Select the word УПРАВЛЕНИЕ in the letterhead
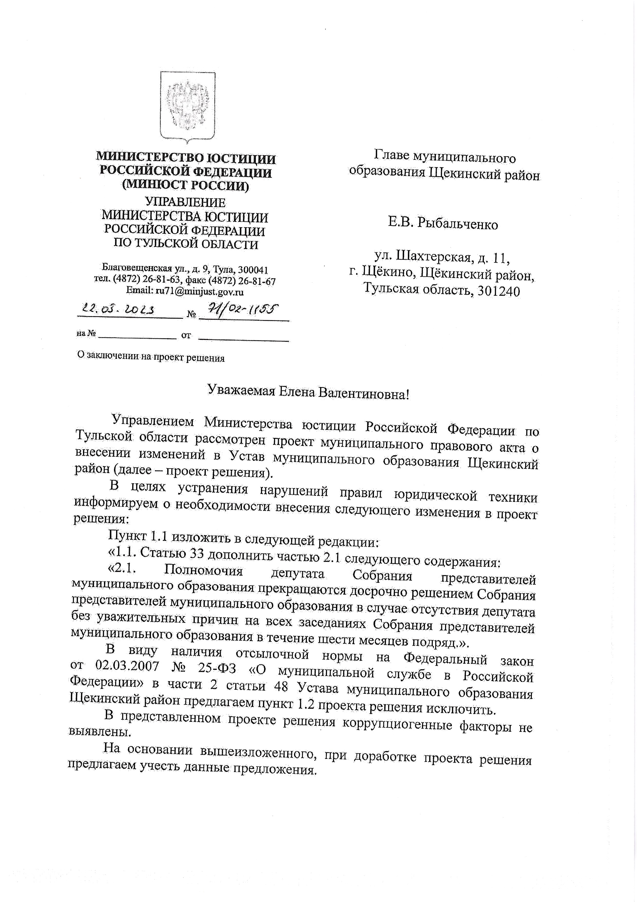(x=185, y=202)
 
